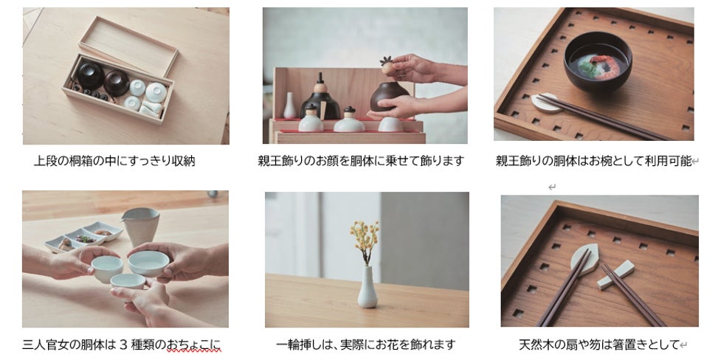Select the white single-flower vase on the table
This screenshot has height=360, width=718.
click(367, 287)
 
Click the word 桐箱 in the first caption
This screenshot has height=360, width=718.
click(81, 162)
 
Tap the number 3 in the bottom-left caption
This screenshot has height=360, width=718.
click(122, 345)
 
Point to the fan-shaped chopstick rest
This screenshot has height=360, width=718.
click(584, 259)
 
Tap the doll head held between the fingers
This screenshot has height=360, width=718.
click(388, 66)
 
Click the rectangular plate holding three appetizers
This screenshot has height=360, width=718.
click(84, 237)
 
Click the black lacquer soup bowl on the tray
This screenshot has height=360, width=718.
click(598, 62)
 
